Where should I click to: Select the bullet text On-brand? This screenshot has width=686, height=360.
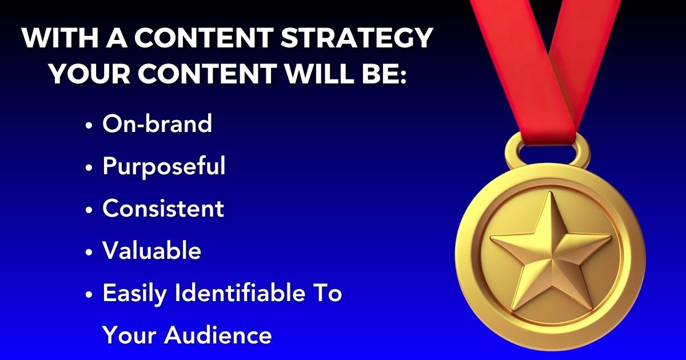coord(157,124)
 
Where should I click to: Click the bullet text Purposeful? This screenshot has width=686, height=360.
coord(164,166)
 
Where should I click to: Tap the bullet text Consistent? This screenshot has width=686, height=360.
coord(163,209)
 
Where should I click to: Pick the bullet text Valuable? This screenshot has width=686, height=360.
coord(151,251)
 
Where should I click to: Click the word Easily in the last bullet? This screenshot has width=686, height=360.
coord(135,294)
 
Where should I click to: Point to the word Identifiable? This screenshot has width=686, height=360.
coord(241,293)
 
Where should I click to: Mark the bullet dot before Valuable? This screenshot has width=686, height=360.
coord(89,253)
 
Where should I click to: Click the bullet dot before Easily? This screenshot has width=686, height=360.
coord(89,295)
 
